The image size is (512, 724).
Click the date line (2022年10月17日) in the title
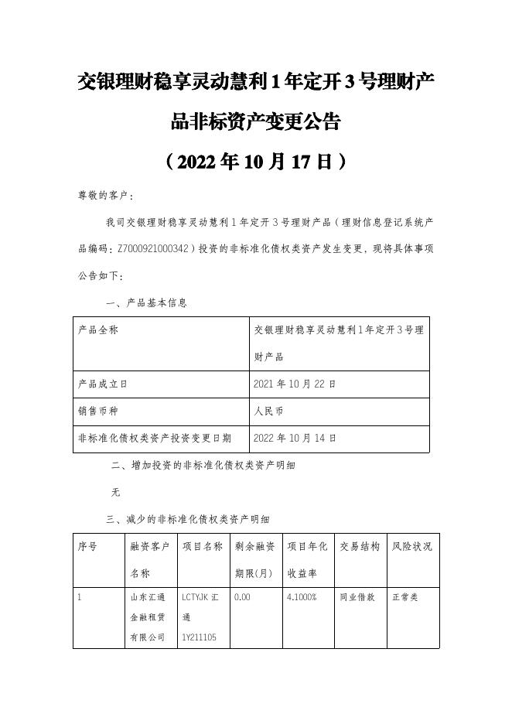pyautogui.click(x=255, y=162)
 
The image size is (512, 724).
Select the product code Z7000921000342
pyautogui.click(x=152, y=249)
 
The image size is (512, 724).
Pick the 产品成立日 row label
pyautogui.click(x=103, y=384)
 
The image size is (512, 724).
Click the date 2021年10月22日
pyautogui.click(x=295, y=384)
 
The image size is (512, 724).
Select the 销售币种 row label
pyautogui.click(x=98, y=411)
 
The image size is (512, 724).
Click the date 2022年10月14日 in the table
pyautogui.click(x=295, y=438)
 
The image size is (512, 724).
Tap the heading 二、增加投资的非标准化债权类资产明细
pyautogui.click(x=203, y=466)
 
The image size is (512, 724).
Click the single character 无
pyautogui.click(x=116, y=491)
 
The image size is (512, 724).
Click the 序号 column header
pyautogui.click(x=88, y=546)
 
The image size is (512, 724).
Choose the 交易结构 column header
pyautogui.click(x=360, y=546)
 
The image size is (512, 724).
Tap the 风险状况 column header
pyautogui.click(x=411, y=546)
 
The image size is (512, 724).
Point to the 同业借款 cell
pyautogui.click(x=357, y=598)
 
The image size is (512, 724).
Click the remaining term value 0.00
pyautogui.click(x=243, y=598)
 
